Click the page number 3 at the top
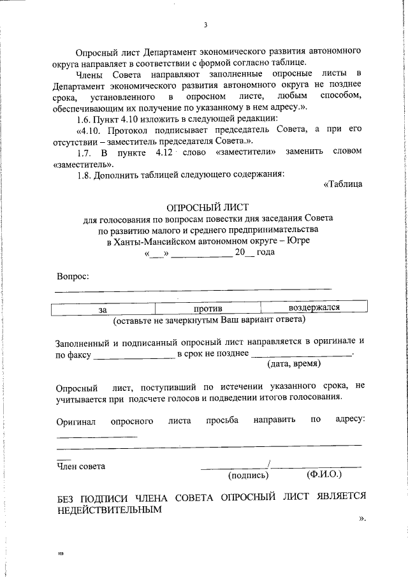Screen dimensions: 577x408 click(x=205, y=25)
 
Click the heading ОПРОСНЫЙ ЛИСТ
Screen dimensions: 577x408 click(x=205, y=207)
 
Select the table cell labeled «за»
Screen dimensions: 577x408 click(x=102, y=309)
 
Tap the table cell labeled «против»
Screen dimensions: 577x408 click(x=205, y=309)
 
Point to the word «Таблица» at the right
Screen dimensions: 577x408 click(x=344, y=184)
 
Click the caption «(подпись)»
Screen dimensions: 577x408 click(x=249, y=475)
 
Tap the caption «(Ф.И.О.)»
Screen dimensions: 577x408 click(x=324, y=474)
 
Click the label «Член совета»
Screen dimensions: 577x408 click(x=81, y=466)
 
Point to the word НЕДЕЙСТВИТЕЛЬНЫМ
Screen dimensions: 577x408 click(x=106, y=510)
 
